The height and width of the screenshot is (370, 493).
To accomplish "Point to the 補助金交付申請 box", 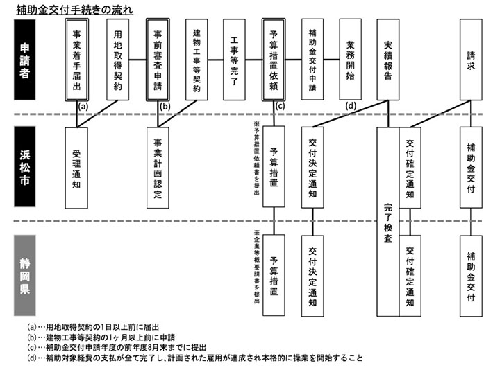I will click(312, 60).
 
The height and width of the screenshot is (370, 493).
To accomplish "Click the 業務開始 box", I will click(350, 60).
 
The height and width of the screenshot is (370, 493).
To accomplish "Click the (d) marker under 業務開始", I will click(351, 106).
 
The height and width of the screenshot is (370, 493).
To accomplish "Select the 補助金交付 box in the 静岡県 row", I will click(471, 275).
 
